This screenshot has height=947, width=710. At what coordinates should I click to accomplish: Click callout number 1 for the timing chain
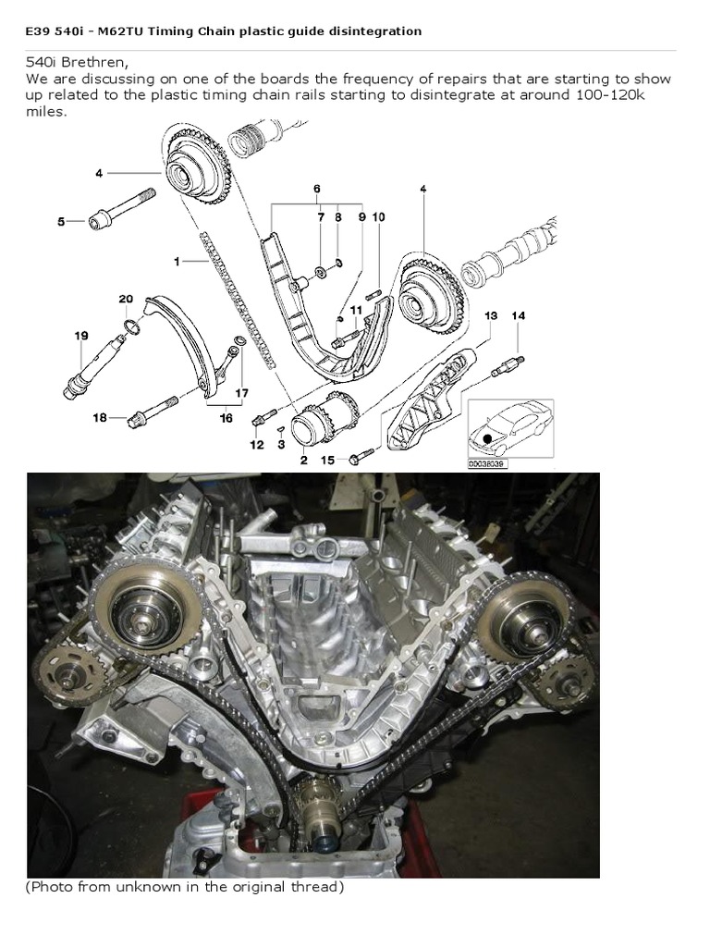tap(176, 262)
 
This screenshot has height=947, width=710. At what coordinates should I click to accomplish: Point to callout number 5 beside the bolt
tap(62, 221)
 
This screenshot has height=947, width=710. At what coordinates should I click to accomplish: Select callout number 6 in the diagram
tap(317, 189)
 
